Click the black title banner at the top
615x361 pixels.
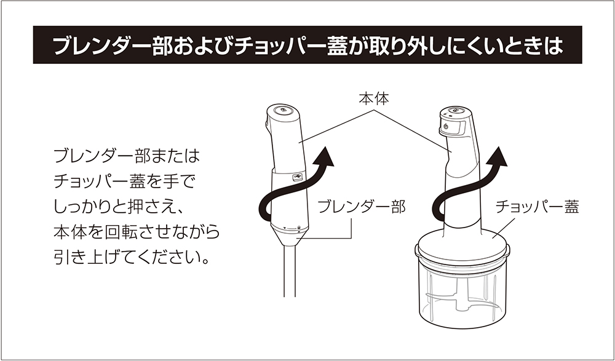click(307, 46)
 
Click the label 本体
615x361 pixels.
click(373, 98)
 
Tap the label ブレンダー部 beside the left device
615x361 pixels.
click(361, 207)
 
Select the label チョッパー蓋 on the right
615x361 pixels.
click(537, 207)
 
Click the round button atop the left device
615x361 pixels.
click(282, 111)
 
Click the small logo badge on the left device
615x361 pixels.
click(298, 177)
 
